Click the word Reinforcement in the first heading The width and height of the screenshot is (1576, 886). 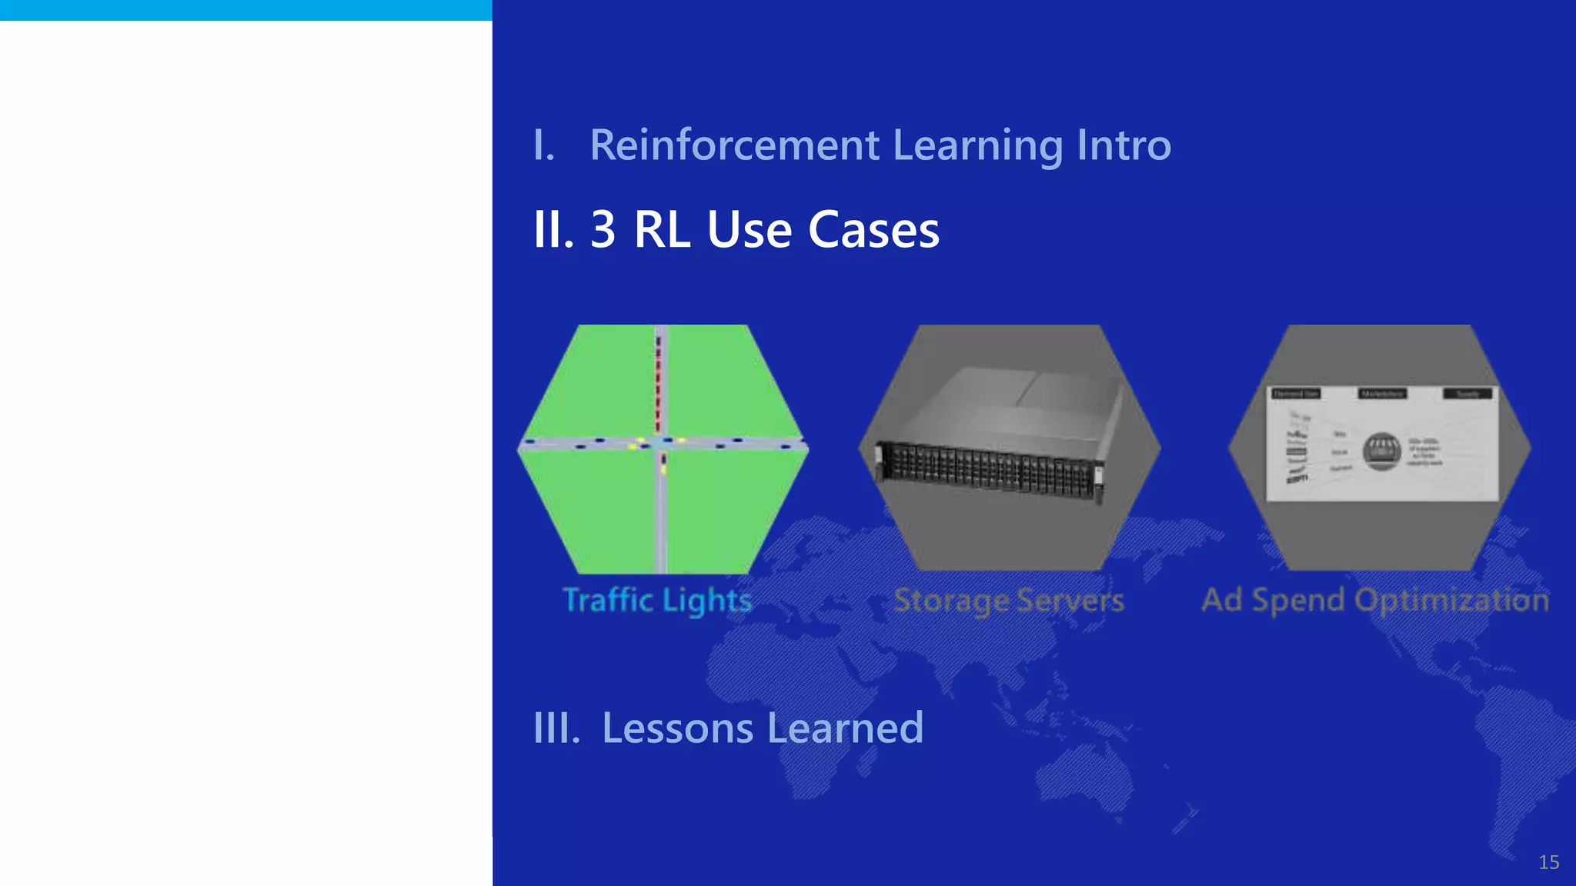pos(734,145)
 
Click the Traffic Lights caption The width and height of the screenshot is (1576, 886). pos(657,600)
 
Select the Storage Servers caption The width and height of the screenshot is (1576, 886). pos(1009,600)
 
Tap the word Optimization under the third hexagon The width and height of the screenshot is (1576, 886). pos(1451,600)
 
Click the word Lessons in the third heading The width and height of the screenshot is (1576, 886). pos(677,728)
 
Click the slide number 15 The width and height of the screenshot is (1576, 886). pos(1548,862)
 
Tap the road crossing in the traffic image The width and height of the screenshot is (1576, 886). pos(660,444)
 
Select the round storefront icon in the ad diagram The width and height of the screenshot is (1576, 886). pos(1382,451)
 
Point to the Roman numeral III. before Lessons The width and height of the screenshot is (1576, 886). pos(556,728)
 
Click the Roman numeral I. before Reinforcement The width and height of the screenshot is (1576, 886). pos(543,145)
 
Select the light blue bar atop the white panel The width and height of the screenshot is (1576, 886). pos(246,10)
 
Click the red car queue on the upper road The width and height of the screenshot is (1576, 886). pos(658,385)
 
